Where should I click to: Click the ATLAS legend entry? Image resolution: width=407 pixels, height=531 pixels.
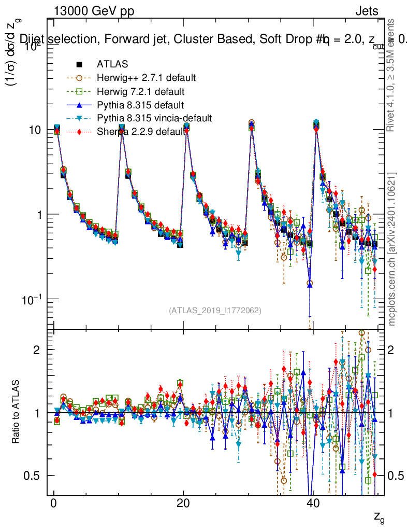coord(112,64)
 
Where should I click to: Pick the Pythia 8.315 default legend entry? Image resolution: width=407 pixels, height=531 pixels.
coord(140,105)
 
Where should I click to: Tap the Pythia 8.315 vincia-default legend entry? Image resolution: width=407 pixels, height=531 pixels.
coord(154,118)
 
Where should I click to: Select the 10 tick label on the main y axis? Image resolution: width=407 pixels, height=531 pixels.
coord(34,130)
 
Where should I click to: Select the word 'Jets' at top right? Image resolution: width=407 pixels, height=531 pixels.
coord(367,11)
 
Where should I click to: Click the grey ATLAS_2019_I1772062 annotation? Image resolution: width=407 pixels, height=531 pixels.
coord(215,310)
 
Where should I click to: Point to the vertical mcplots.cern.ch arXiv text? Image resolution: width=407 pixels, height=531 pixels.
coord(392,249)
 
